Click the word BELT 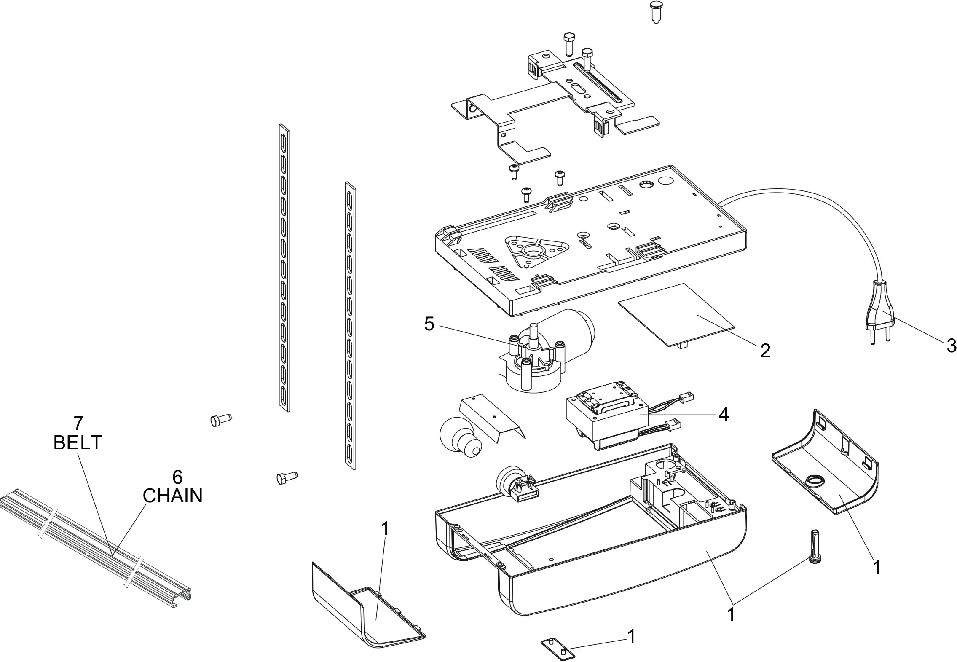pyautogui.click(x=78, y=442)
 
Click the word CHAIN pyautogui.click(x=172, y=496)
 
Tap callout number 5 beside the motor pyautogui.click(x=429, y=324)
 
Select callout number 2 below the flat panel pyautogui.click(x=765, y=351)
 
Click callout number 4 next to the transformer pyautogui.click(x=724, y=415)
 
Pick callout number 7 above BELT pyautogui.click(x=78, y=423)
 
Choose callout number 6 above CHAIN pyautogui.click(x=177, y=477)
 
